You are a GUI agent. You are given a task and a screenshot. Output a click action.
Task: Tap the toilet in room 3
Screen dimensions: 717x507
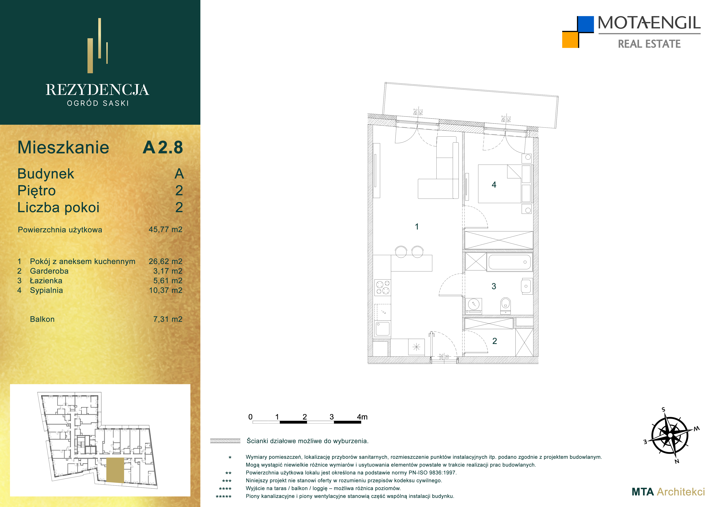[505, 306]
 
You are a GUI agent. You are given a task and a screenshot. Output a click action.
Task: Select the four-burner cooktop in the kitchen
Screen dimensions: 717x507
[383, 287]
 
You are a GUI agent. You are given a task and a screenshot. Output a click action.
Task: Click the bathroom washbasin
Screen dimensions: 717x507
[526, 286]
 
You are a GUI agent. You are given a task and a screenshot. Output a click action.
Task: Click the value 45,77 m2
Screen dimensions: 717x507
[166, 230]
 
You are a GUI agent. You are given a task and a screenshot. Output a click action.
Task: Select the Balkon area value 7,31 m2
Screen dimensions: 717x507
[168, 319]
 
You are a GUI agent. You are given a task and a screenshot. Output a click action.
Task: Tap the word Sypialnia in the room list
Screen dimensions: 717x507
[46, 290]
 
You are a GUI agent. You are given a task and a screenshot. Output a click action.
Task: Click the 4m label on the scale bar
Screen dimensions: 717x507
[362, 417]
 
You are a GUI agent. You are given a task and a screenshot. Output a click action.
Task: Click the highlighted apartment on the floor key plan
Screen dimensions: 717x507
[115, 470]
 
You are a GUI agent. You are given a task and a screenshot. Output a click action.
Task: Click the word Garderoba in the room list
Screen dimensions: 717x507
[49, 271]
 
